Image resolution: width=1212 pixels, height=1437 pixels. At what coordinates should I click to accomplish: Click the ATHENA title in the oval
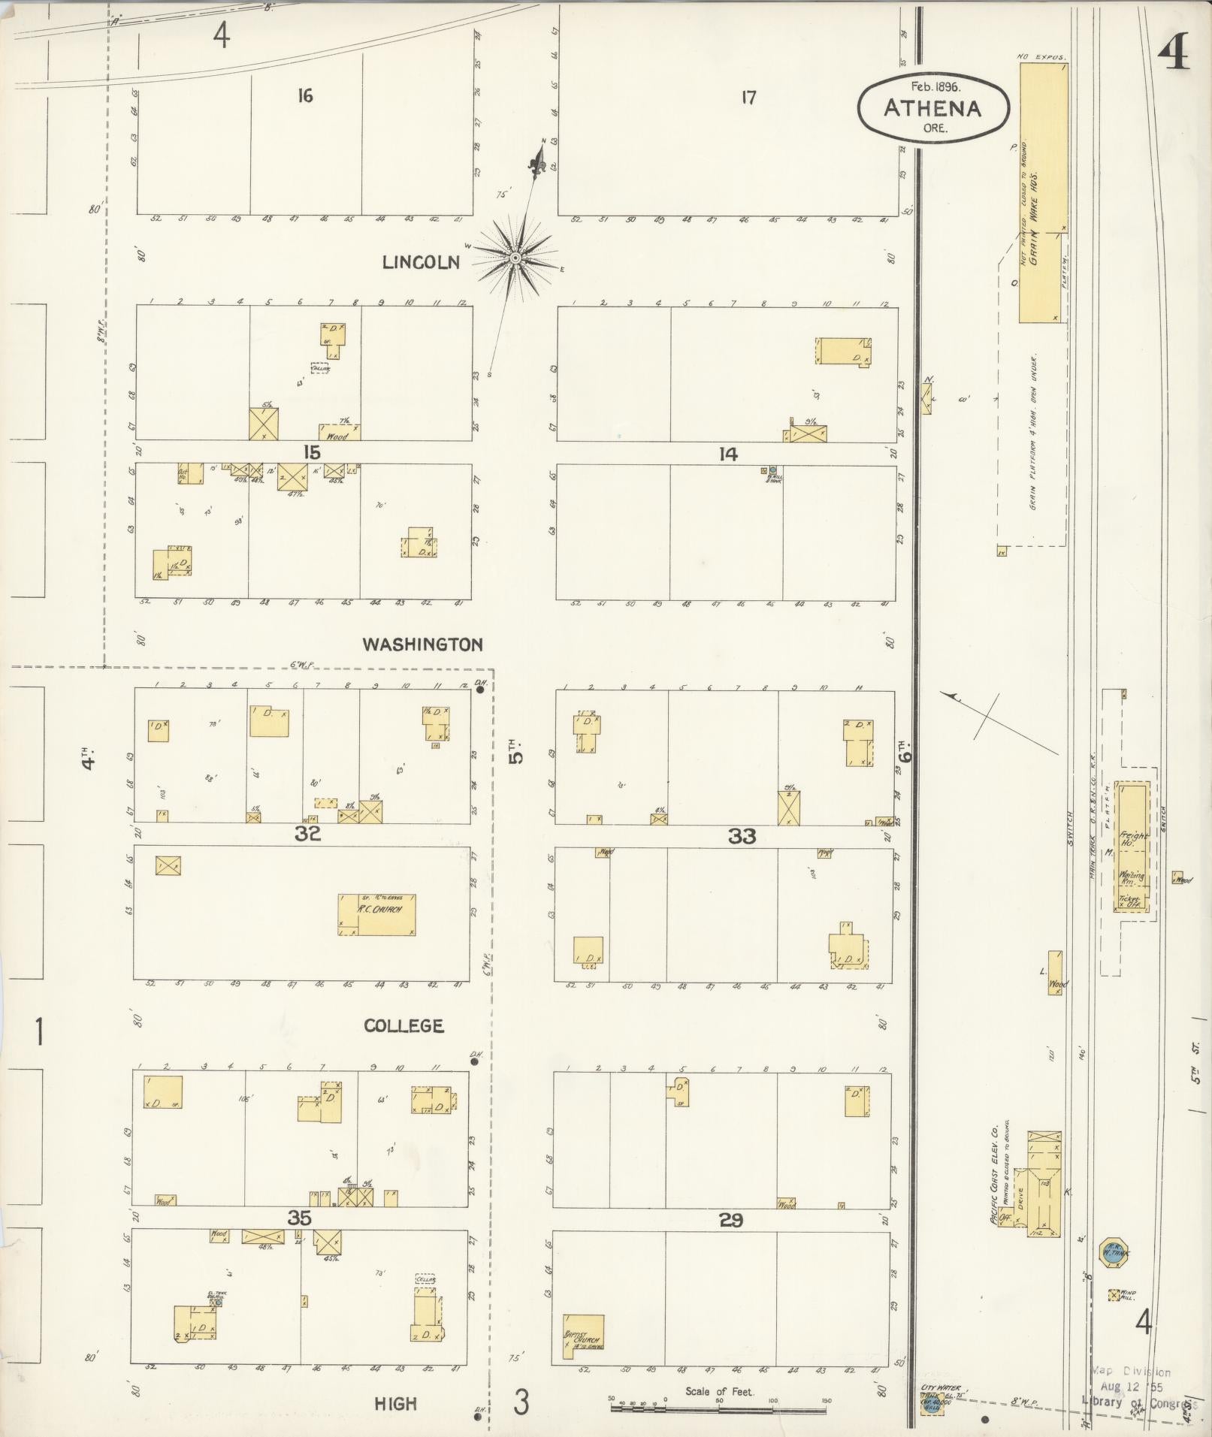pyautogui.click(x=932, y=109)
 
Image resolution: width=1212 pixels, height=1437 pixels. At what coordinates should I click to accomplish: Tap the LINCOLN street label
pyautogui.click(x=421, y=262)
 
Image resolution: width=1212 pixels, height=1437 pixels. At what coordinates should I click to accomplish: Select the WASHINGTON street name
pyautogui.click(x=422, y=644)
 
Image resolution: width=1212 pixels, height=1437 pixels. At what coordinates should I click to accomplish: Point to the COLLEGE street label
pyautogui.click(x=403, y=1026)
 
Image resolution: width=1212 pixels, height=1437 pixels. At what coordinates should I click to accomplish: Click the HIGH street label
pyautogui.click(x=395, y=1402)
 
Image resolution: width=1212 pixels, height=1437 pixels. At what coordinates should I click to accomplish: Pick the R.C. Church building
pyautogui.click(x=376, y=914)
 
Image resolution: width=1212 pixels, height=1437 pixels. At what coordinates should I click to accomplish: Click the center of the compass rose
pyautogui.click(x=515, y=258)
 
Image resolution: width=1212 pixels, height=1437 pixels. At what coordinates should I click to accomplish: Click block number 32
pyautogui.click(x=307, y=833)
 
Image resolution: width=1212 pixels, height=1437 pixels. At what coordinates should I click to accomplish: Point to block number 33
pyautogui.click(x=741, y=835)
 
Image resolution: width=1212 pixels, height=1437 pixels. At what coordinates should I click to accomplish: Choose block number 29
pyautogui.click(x=730, y=1221)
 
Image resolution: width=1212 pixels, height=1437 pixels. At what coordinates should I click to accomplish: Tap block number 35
pyautogui.click(x=299, y=1218)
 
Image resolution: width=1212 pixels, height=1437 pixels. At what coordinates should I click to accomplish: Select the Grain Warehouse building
pyautogui.click(x=1043, y=193)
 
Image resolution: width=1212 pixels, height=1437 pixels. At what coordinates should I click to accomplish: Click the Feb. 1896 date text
pyautogui.click(x=932, y=86)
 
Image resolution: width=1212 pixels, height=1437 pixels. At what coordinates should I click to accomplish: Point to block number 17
pyautogui.click(x=748, y=98)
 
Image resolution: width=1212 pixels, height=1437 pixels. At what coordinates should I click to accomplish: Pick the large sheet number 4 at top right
pyautogui.click(x=1173, y=54)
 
